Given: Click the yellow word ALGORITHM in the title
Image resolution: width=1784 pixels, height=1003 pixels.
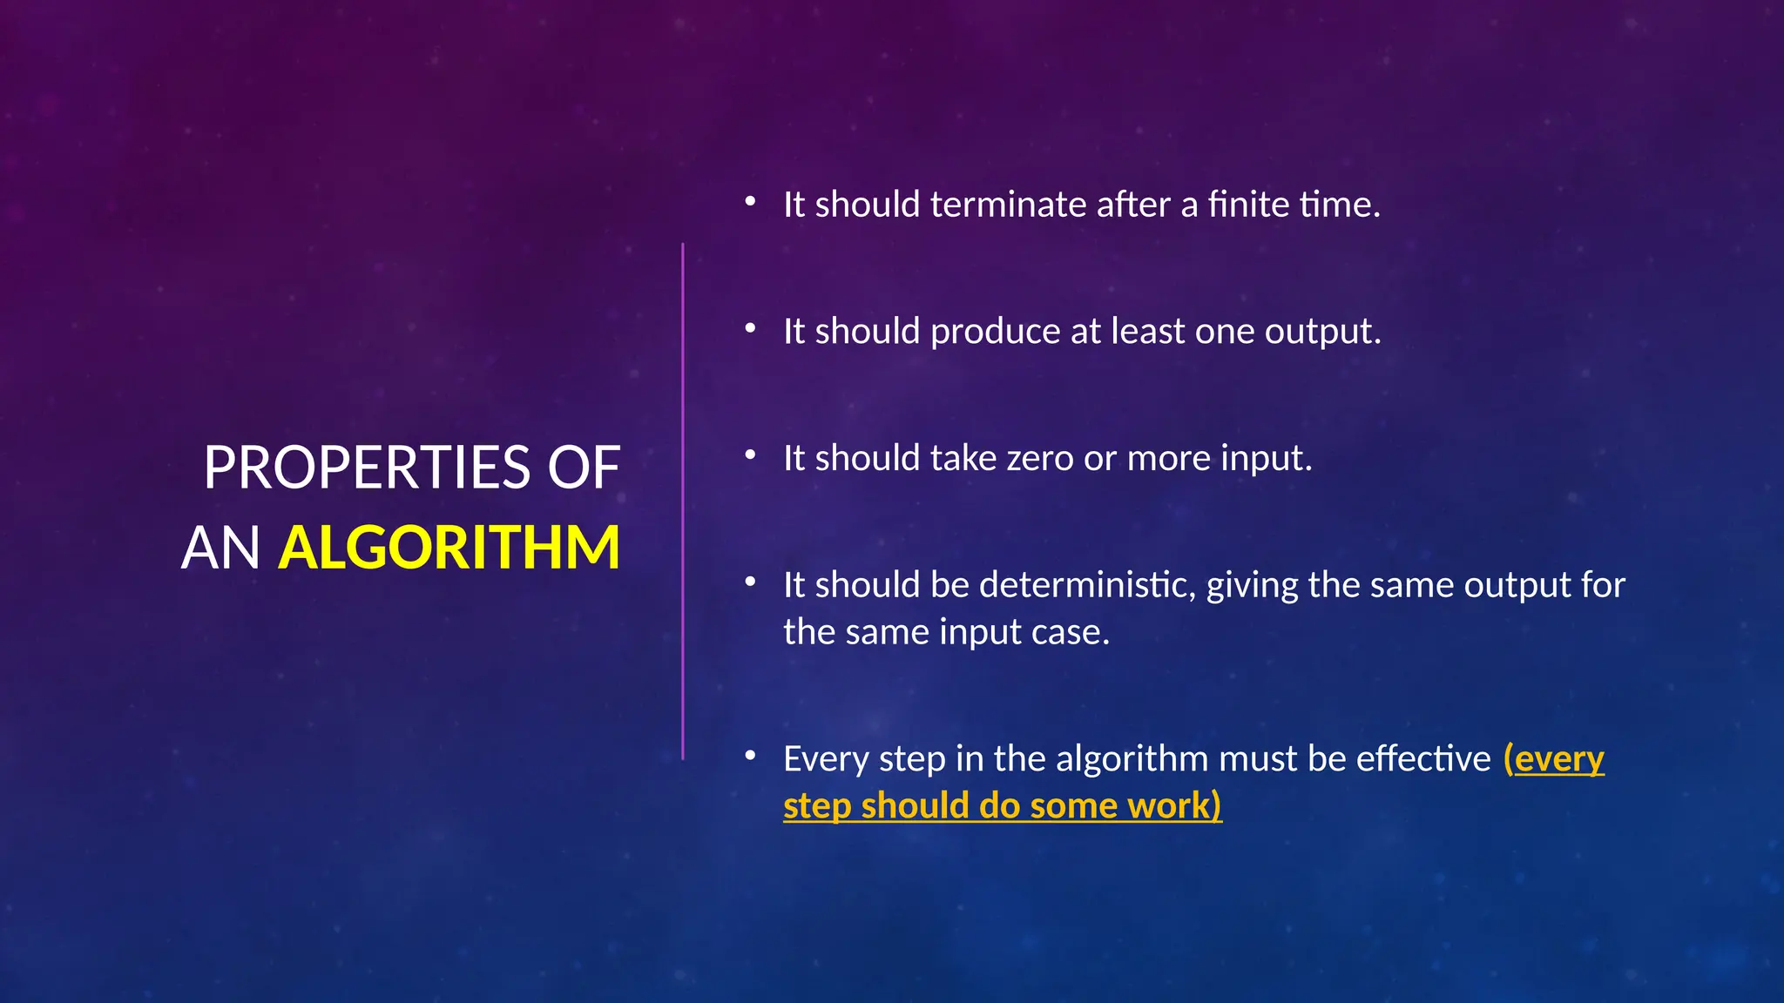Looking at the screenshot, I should [x=449, y=548].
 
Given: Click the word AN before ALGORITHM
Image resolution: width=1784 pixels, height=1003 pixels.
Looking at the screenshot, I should [x=220, y=548].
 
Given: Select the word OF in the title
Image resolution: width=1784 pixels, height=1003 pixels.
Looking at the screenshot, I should [x=584, y=468].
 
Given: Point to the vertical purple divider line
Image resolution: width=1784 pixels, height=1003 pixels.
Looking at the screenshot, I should [x=683, y=501].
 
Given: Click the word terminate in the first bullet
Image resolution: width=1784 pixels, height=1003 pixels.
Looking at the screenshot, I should [x=1008, y=205].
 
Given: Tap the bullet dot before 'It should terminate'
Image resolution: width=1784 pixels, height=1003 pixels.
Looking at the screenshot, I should [x=750, y=202].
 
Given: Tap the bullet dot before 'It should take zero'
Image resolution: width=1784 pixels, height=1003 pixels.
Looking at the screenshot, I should [x=750, y=455].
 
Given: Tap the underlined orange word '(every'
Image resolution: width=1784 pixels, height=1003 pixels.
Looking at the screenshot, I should [x=1554, y=760].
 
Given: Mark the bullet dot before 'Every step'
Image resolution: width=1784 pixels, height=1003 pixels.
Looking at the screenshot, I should [x=750, y=757].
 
